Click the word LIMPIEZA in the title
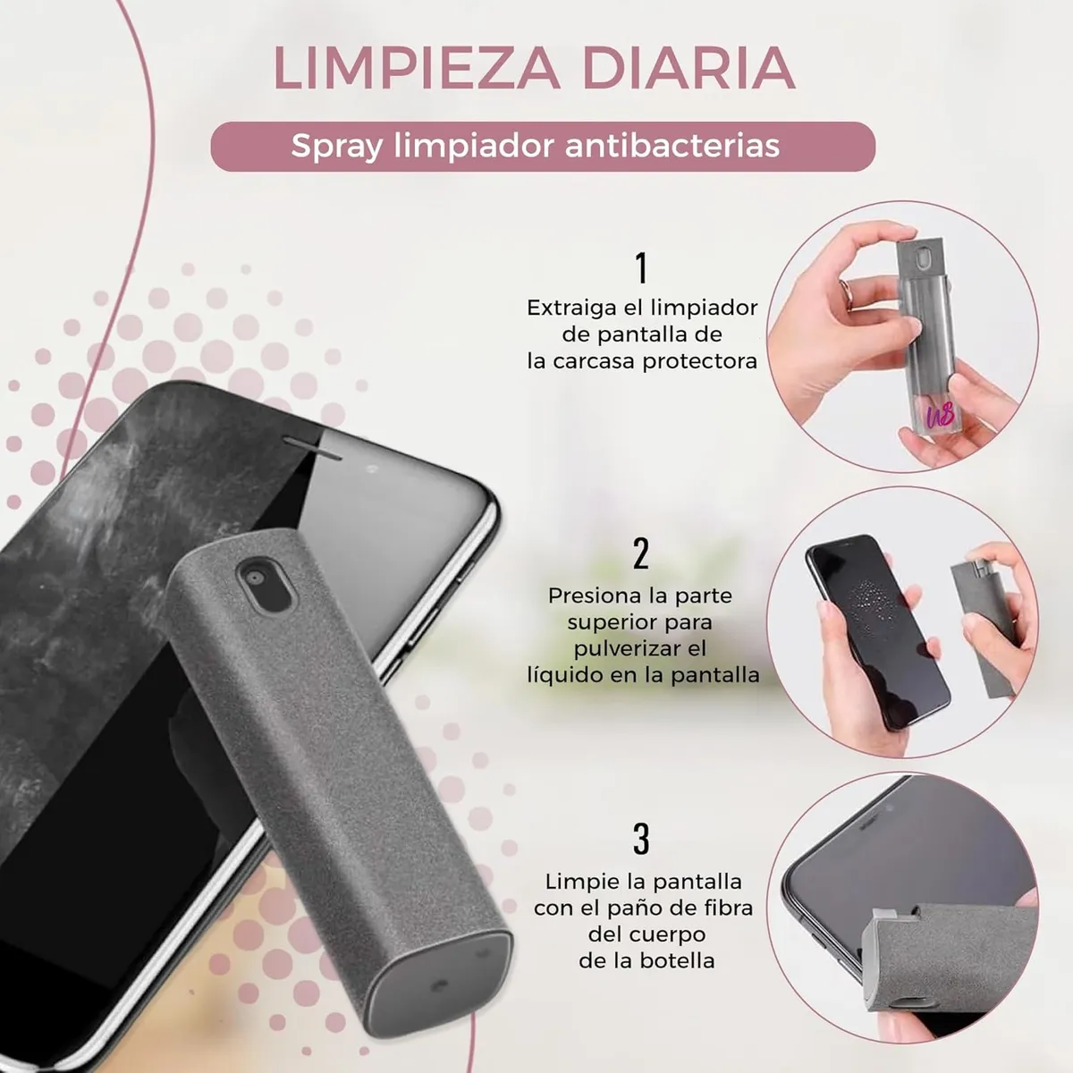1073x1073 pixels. [417, 68]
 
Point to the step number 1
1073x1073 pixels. [642, 268]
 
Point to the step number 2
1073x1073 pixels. [641, 553]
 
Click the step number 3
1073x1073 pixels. [641, 839]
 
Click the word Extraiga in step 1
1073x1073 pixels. [568, 308]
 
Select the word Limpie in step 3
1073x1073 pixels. [578, 882]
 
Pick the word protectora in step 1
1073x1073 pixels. [700, 362]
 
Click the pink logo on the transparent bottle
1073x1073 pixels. [941, 414]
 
